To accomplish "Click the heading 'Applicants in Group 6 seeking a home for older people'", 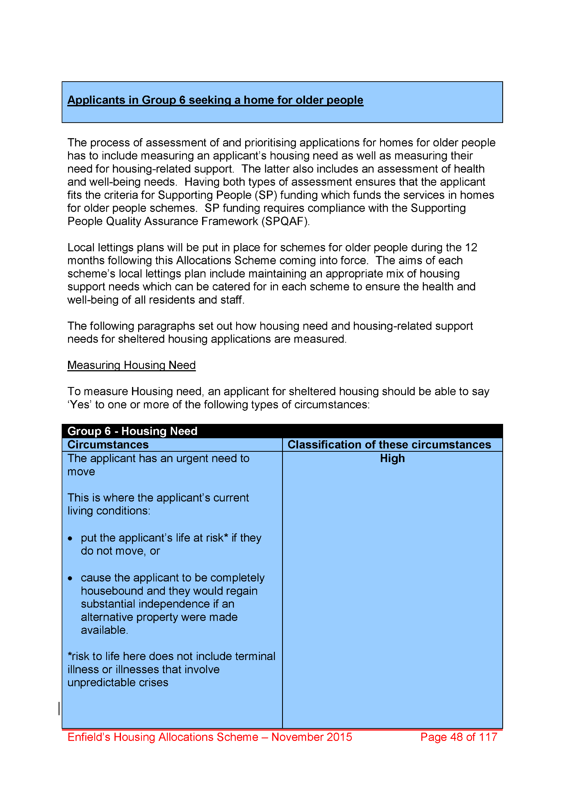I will pos(215,100).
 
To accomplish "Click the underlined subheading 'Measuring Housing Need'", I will pos(131,365).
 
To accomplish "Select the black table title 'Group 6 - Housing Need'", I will pos(132,431).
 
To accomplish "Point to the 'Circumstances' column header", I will pos(108,444).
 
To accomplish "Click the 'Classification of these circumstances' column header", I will pos(389,444).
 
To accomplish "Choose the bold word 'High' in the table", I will pos(392,458).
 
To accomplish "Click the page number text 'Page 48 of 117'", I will pos(458,737).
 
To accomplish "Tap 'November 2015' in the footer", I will pos(312,737).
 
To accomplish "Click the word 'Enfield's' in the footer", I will pos(89,737).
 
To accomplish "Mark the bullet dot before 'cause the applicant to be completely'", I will pos(71,578).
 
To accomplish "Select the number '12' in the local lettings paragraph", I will pos(471,248).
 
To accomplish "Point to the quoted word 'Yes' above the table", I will pos(80,405).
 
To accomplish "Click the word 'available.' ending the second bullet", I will pos(104,630).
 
